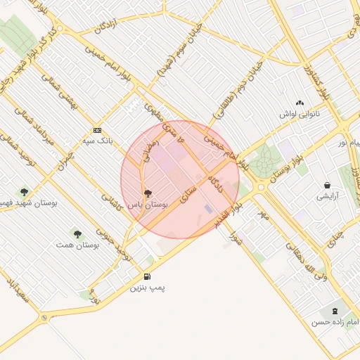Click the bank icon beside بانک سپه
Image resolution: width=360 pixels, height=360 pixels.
[x=97, y=130]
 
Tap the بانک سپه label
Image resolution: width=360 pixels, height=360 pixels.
[x=98, y=141]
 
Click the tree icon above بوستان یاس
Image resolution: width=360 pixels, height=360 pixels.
[x=148, y=192]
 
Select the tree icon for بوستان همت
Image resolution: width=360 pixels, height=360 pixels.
[x=77, y=233]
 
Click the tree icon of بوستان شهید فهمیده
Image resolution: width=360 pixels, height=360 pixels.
[x=25, y=191]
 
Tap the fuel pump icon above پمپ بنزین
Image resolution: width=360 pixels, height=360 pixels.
[x=147, y=276]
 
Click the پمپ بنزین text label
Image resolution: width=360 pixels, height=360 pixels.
[x=148, y=288]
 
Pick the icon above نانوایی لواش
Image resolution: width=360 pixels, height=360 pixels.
[x=300, y=103]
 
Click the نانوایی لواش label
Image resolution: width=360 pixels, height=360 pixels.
[x=300, y=114]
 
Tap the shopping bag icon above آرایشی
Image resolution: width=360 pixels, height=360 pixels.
[x=328, y=185]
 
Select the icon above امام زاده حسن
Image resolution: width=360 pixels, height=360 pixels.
[x=334, y=310]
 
